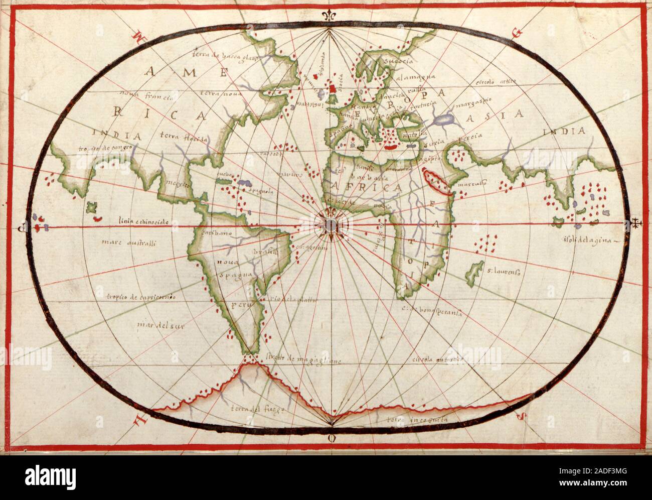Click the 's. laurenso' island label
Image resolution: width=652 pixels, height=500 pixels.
pos(503,272)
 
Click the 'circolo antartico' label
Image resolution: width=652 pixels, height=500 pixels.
pos(435,360)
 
